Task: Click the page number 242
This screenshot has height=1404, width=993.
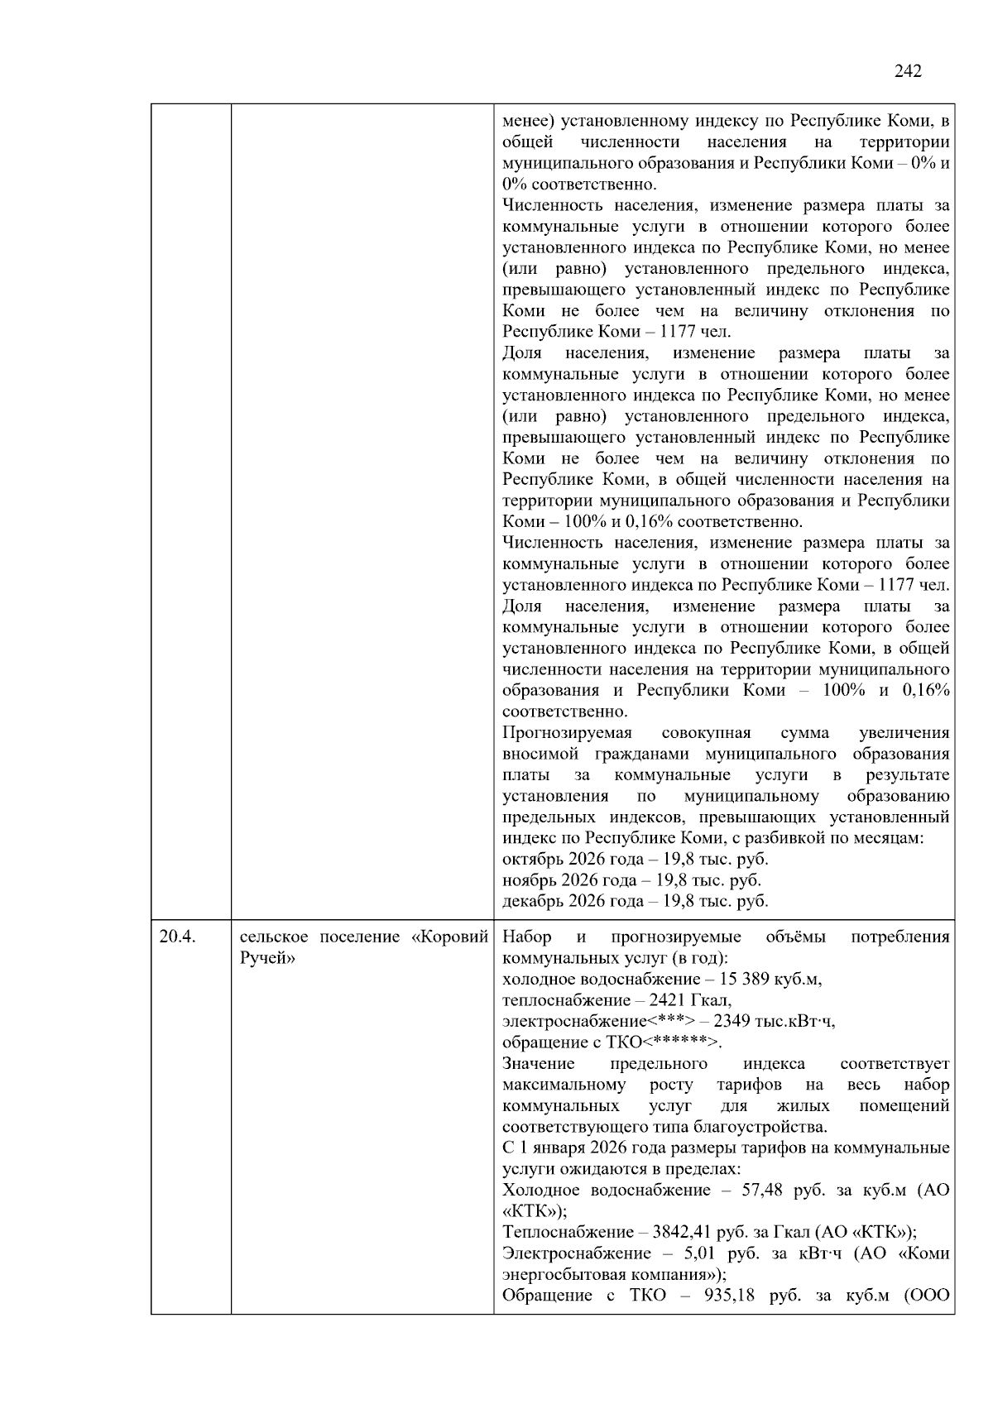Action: coord(908,71)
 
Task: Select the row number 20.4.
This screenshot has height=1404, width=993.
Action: coord(177,937)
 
